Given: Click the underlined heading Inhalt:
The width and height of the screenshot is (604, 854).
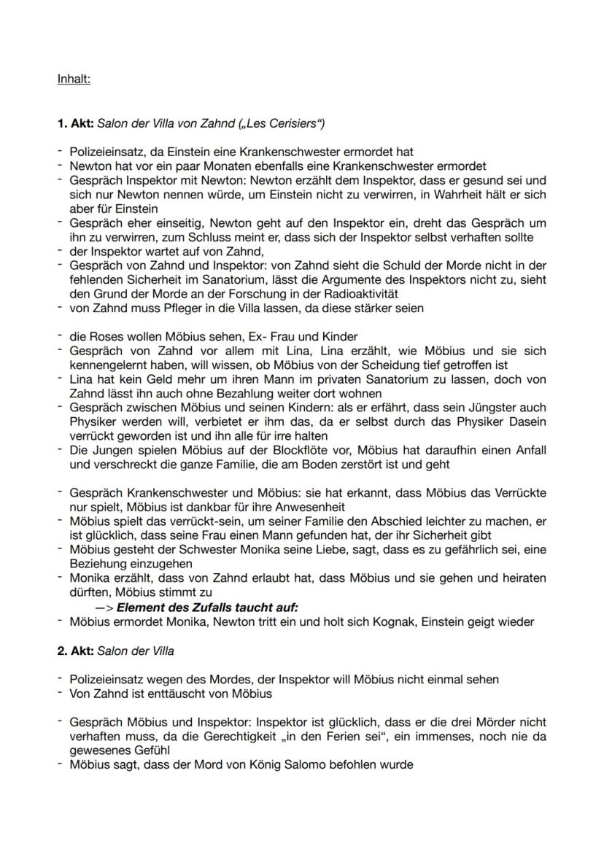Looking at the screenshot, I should tap(74, 79).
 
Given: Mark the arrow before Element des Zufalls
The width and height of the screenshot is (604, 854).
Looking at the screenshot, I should tap(104, 607).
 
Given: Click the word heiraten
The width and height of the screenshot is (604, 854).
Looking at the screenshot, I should tap(519, 578).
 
